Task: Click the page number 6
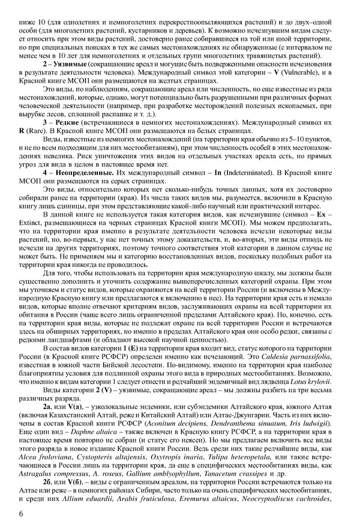21,513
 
